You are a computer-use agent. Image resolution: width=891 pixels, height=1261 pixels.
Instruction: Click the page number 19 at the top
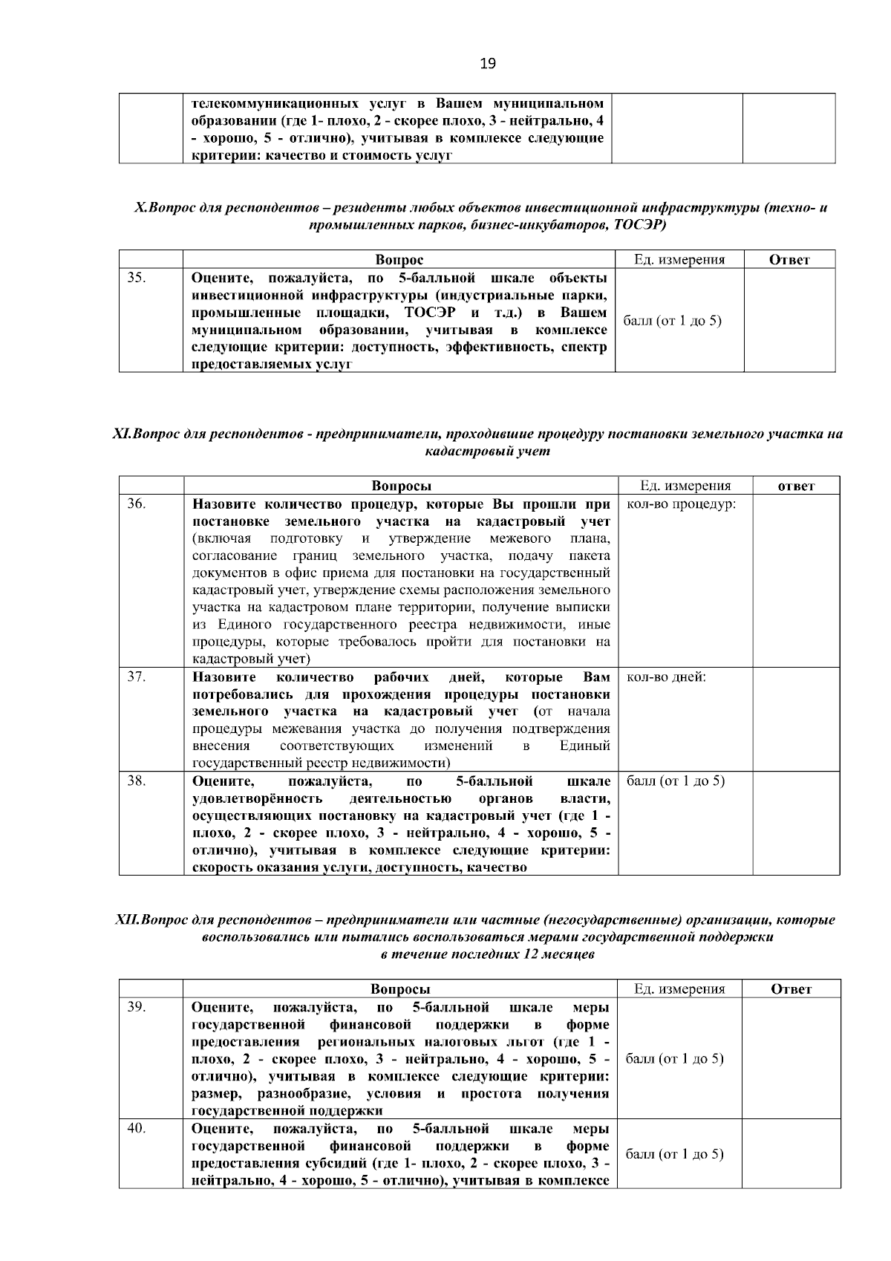(x=487, y=64)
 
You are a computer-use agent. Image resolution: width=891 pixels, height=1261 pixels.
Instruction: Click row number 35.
(x=136, y=278)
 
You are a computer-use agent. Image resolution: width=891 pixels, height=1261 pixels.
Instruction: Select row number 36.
(x=136, y=504)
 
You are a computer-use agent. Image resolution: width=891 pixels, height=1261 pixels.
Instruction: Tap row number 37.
(x=136, y=677)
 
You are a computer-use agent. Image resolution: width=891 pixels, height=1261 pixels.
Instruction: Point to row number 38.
(x=136, y=781)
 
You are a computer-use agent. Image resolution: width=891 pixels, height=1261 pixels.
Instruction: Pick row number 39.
(x=136, y=1007)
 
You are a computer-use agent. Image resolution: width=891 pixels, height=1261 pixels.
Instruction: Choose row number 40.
(x=136, y=1129)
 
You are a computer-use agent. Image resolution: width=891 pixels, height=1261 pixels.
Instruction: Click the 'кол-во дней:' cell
(x=666, y=677)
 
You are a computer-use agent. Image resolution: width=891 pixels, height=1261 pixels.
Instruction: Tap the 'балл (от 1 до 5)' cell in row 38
(x=676, y=781)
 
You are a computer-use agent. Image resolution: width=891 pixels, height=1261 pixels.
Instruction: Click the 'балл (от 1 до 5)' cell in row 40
(x=674, y=1154)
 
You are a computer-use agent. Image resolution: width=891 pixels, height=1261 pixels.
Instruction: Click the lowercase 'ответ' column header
(x=796, y=486)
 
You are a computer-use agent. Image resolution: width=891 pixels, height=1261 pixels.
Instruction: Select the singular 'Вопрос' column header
(x=399, y=260)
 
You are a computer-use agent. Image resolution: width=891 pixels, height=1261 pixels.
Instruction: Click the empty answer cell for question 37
(x=796, y=719)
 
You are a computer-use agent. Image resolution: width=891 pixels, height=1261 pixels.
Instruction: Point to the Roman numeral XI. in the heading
(x=122, y=434)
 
